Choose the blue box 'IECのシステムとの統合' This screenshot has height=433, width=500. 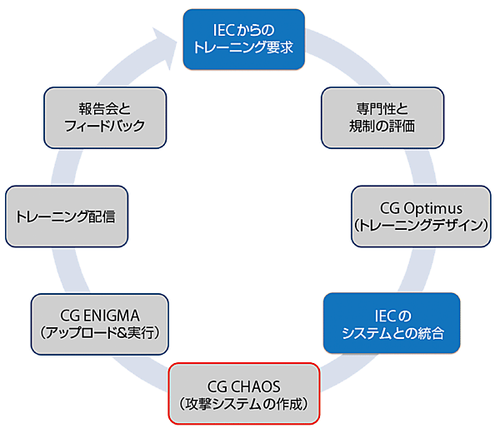tap(392, 325)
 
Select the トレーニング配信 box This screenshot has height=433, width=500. tap(66, 216)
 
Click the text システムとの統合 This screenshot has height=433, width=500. tap(392, 334)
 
